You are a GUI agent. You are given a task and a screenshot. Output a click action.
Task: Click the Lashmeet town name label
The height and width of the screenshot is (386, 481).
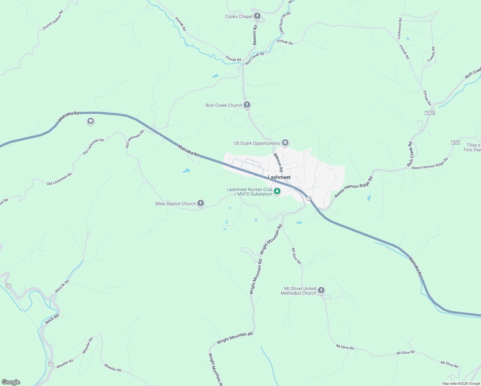click(279, 177)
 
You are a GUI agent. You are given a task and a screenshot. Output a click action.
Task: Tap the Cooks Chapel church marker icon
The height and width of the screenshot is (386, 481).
click(257, 16)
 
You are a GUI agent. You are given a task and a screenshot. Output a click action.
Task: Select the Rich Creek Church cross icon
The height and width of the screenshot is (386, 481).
click(247, 105)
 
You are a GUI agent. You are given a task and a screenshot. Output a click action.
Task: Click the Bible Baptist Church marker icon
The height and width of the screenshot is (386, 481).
click(200, 203)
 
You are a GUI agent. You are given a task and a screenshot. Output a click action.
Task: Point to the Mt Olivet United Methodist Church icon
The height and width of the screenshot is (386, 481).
click(321, 290)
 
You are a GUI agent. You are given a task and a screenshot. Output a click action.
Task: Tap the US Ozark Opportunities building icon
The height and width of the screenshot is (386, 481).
click(285, 142)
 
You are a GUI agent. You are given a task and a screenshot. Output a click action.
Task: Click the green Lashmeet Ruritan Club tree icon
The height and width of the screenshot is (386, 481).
click(277, 191)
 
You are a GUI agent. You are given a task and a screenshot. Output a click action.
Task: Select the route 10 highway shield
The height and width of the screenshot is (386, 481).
click(309, 198)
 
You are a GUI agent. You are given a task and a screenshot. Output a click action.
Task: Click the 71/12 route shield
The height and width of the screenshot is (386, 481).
click(430, 113)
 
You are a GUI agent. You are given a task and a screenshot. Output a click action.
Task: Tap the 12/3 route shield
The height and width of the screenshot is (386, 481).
click(456, 142)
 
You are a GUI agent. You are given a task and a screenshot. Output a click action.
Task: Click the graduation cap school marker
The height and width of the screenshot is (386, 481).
click(90, 121)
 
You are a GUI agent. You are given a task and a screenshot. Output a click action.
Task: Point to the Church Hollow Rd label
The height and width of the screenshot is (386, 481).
click(53, 20)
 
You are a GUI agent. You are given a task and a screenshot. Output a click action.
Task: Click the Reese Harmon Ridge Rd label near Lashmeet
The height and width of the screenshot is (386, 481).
click(353, 187)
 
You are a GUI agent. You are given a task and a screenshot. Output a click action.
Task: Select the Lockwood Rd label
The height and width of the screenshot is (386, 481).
click(400, 29)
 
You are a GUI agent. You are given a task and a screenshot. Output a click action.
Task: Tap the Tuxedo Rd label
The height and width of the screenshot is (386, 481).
click(431, 54)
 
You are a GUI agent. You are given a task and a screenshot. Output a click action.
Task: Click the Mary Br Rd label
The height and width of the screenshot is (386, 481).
click(62, 286)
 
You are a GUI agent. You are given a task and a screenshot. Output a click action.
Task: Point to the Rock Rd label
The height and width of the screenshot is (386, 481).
click(52, 319)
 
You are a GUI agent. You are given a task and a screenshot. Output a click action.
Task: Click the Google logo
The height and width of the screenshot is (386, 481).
click(11, 382)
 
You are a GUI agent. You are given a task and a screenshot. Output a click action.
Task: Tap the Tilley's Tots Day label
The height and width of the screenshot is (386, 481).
click(472, 147)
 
